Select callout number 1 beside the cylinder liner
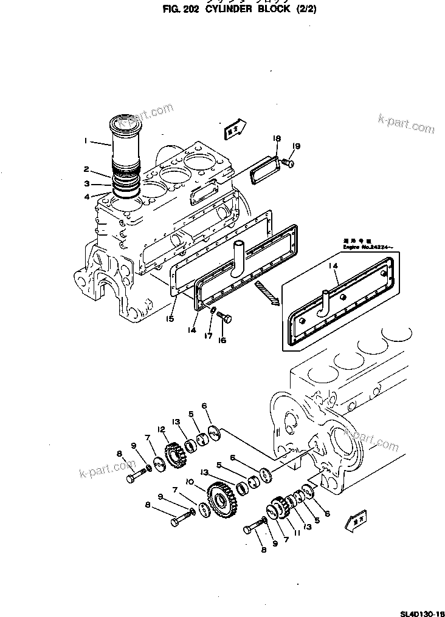click(x=86, y=141)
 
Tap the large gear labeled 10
click(x=219, y=497)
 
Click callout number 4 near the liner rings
click(x=86, y=197)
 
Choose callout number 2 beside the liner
click(x=86, y=169)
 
